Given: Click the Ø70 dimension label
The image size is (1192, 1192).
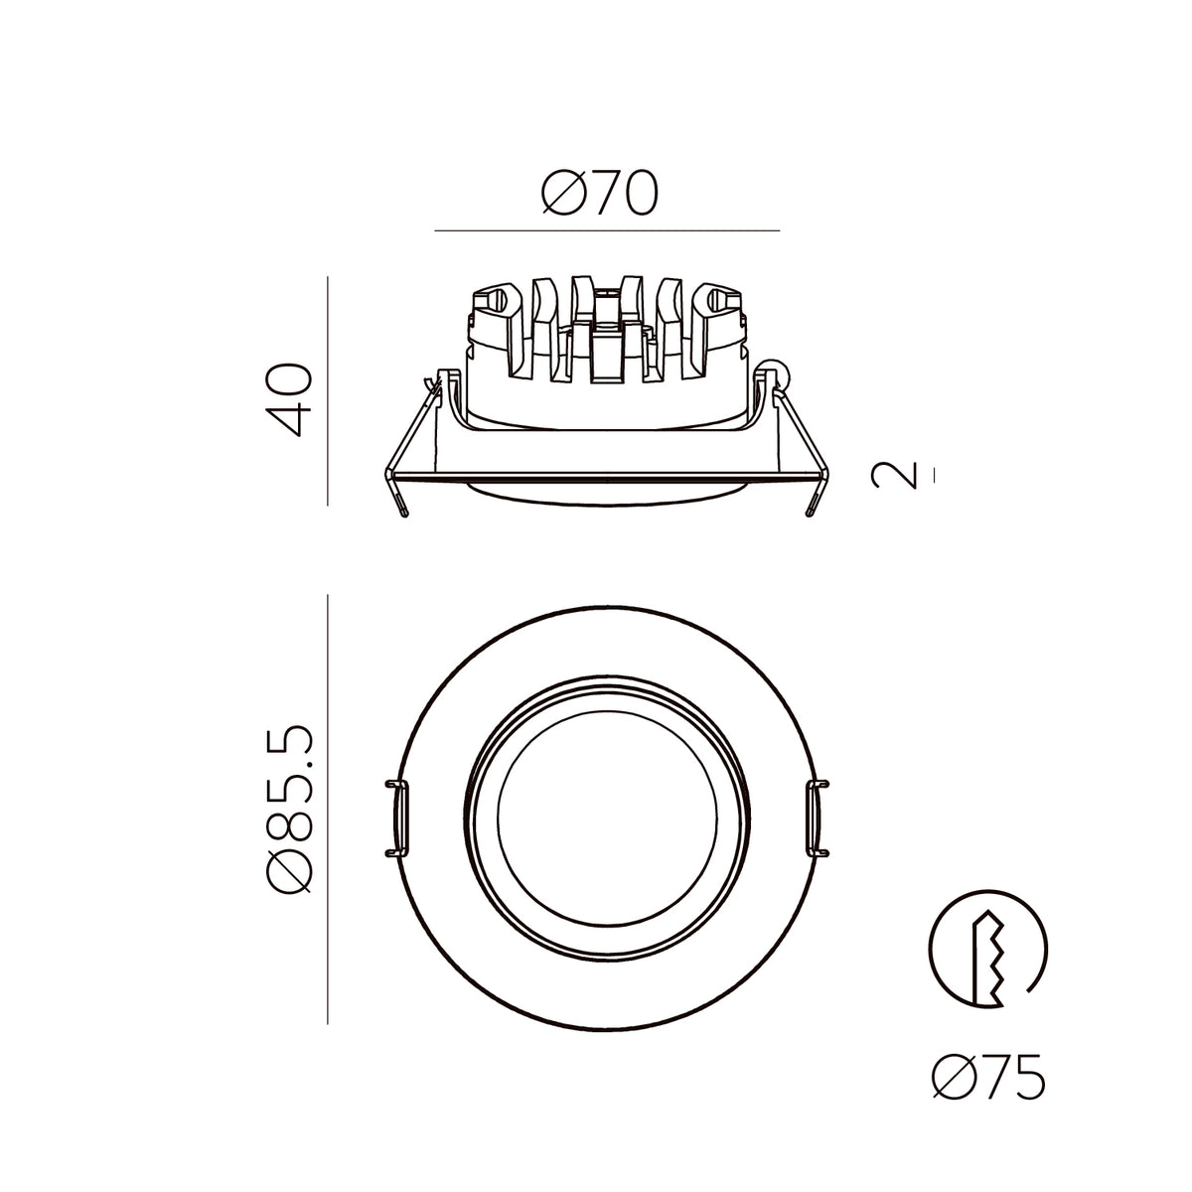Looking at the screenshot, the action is [599, 193].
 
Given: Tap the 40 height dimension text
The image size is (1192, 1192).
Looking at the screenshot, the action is [288, 400].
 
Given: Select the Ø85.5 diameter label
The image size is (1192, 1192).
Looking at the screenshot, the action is [288, 810].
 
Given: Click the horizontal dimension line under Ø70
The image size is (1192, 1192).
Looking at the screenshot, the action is [607, 230].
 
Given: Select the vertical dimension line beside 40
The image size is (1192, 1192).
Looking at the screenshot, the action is [327, 391].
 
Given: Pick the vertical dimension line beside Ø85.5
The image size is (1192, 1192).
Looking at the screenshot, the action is [327, 810].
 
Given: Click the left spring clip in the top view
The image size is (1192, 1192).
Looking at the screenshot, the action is [398, 819].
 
